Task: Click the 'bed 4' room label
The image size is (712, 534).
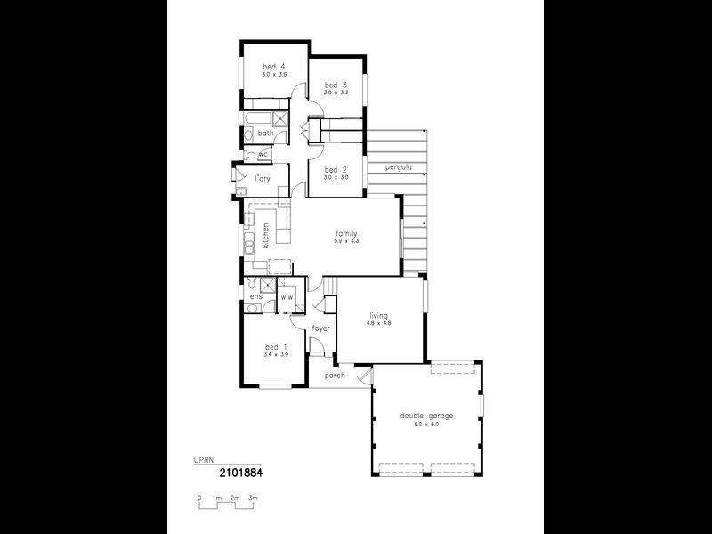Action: point(273,67)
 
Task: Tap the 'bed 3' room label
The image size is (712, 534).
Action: point(336,85)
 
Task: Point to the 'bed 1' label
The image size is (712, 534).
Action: point(276,346)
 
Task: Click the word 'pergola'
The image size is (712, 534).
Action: point(398,167)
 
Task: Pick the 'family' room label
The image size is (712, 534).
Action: point(346,234)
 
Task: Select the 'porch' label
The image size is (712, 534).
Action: point(334,375)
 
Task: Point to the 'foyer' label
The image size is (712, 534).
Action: point(321,328)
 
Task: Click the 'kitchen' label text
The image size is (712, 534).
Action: point(265,233)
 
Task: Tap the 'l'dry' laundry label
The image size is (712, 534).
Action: point(263,180)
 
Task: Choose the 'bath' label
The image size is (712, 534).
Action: point(265,133)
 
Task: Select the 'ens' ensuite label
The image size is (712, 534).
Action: point(256,296)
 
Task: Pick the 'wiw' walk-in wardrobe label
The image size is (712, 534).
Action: point(287,296)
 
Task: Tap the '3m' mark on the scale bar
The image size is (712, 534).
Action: point(253,497)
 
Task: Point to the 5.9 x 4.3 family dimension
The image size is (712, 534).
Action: point(346,241)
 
